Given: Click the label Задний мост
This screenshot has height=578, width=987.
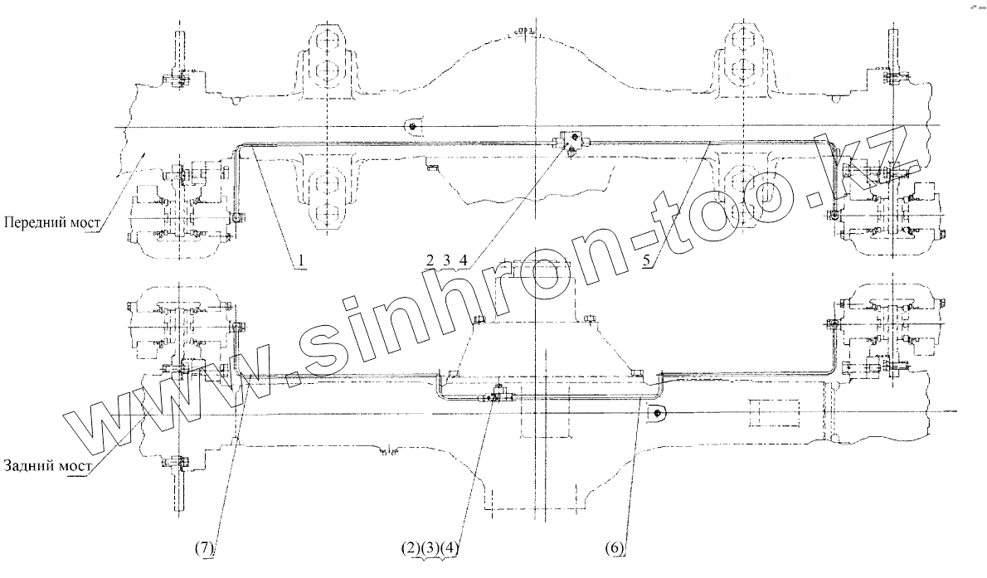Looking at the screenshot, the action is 47,464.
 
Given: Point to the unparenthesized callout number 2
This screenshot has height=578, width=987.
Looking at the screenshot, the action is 430,261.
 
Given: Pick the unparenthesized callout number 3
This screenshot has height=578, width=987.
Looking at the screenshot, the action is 447,261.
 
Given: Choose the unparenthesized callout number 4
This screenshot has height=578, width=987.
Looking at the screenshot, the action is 464,261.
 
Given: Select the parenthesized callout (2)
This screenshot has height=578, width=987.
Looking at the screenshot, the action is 408,548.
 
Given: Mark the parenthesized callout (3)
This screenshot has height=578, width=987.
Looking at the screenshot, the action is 428,548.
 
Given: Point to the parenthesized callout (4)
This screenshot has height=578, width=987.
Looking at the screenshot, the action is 449,548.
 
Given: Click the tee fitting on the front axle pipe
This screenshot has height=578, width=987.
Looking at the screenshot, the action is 571,142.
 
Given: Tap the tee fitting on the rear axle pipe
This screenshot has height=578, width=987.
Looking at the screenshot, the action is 496,395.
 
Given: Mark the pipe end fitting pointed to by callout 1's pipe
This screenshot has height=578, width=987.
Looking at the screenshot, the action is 238,218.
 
